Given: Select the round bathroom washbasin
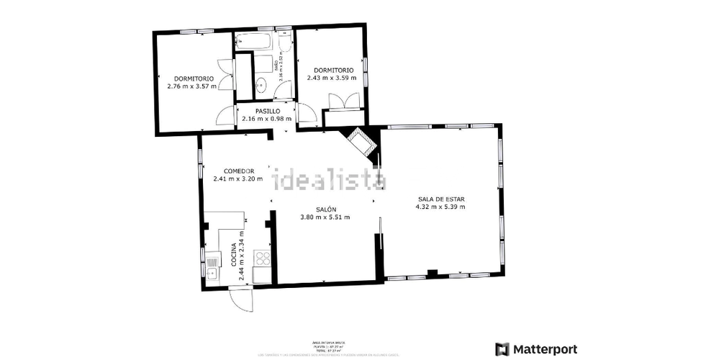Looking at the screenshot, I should tap(262, 85).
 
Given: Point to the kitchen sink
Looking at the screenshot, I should tap(212, 268).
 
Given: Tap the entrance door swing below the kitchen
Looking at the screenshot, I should tap(240, 298).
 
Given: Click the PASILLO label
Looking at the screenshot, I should tap(258, 111).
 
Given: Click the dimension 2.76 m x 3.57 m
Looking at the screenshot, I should tap(191, 86).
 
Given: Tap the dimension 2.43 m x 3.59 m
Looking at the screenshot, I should tap(331, 78).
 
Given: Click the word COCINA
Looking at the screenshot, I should tap(234, 255).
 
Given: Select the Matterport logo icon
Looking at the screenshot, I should tap(502, 349).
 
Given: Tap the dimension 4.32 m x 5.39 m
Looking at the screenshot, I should tap(440, 207).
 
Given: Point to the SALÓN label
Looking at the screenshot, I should tap(325, 207).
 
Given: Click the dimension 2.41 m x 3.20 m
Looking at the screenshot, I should tap(238, 179).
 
